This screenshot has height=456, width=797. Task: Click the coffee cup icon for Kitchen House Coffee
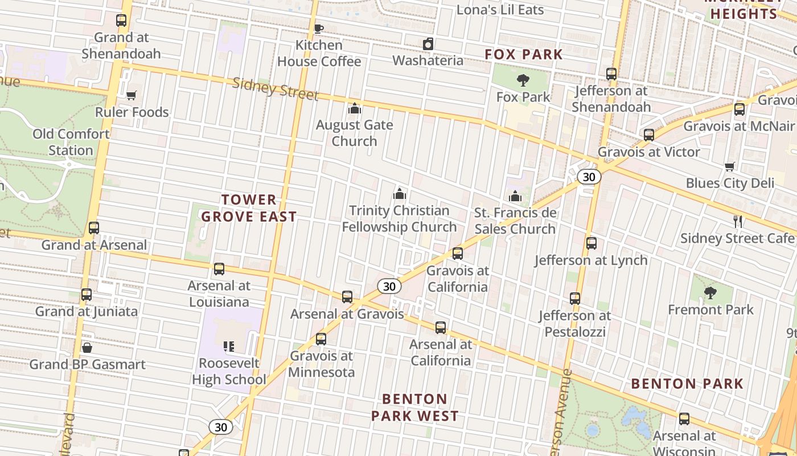[319, 28]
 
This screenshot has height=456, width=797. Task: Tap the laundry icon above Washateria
[428, 44]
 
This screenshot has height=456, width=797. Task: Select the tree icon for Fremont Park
[710, 293]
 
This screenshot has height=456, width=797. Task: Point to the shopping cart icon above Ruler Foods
[132, 95]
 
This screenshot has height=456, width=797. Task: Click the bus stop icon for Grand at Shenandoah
[121, 21]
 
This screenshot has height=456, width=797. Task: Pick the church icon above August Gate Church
[355, 108]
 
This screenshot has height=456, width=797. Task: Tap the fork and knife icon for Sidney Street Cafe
[738, 221]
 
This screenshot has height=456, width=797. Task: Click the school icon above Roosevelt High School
[229, 346]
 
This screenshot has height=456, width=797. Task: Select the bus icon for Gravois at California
[458, 254]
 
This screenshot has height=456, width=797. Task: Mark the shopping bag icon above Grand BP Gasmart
[87, 347]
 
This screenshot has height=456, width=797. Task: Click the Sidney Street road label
[275, 88]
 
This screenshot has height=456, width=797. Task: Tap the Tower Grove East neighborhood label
[249, 208]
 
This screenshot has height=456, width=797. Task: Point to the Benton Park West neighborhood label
[414, 407]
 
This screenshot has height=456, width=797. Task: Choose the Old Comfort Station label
[71, 142]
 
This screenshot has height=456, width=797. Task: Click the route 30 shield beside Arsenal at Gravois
[389, 286]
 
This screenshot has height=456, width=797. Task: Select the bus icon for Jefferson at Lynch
[591, 243]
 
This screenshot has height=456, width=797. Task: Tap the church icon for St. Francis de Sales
[515, 196]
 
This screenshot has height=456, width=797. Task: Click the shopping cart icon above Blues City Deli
[730, 166]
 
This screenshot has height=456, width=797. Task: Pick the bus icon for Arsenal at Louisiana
[219, 269]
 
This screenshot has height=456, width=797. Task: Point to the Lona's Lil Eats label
[500, 10]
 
